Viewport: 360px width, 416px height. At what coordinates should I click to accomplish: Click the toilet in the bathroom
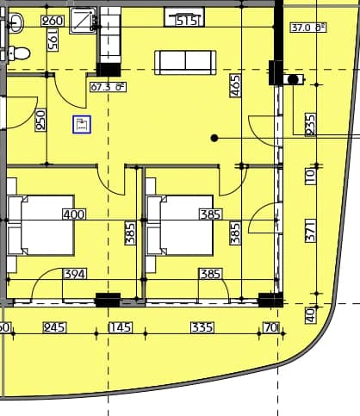point(19,53)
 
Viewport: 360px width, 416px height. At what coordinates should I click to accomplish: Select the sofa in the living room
point(184,62)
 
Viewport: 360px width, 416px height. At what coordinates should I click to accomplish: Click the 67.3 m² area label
point(108,86)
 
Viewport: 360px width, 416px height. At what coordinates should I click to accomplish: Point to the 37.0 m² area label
point(308,28)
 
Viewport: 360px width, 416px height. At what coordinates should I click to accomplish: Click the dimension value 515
point(187,21)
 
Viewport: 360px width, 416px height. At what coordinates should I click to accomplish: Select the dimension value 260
point(52,21)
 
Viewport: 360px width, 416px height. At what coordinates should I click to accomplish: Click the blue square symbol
point(82,125)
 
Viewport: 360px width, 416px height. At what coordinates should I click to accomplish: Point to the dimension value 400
point(74,214)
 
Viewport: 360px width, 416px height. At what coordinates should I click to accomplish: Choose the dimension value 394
point(76,275)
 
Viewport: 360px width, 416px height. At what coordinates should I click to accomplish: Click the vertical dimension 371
point(311,230)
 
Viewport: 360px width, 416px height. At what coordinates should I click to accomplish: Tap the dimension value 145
point(121,327)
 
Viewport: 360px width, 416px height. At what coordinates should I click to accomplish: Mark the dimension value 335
point(202,327)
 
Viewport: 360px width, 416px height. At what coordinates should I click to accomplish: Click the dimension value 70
point(271,327)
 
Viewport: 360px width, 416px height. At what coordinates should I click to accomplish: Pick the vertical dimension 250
point(40,120)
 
